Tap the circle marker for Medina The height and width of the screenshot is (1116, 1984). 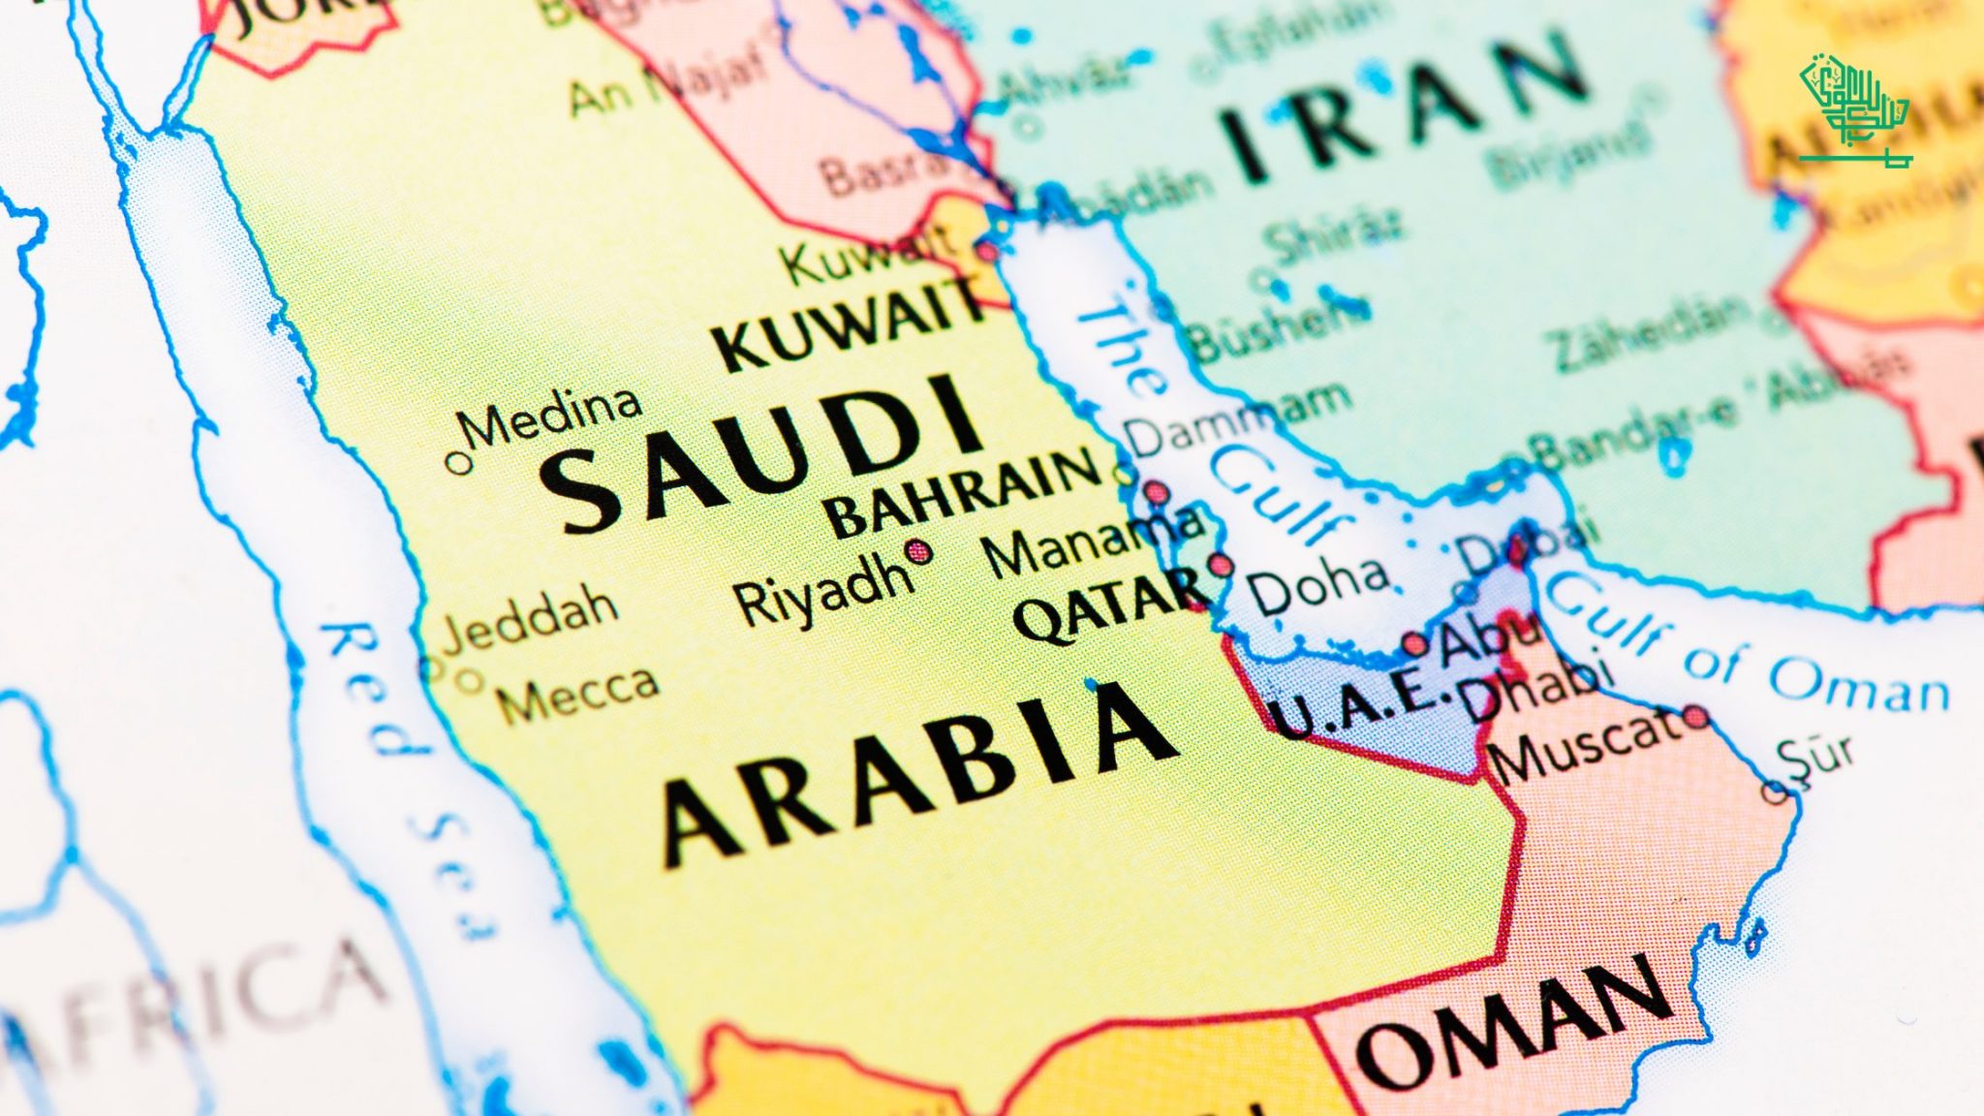coord(458,463)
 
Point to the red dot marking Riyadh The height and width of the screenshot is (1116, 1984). coord(918,552)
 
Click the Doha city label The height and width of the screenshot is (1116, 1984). coord(1317,586)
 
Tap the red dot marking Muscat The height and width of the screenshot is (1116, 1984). coord(1695,717)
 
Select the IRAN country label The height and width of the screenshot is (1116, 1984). coord(1405,111)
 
